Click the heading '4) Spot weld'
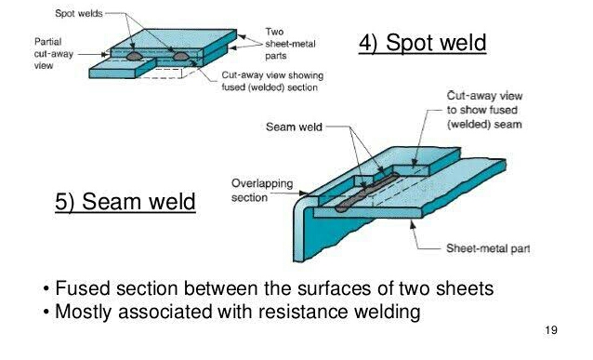click(422, 43)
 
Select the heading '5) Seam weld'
click(125, 202)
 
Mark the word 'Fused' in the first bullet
click(81, 288)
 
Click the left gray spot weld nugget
click(136, 55)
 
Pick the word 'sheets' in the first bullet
click(468, 288)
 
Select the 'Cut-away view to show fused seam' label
click(482, 110)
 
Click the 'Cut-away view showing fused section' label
click(270, 81)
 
